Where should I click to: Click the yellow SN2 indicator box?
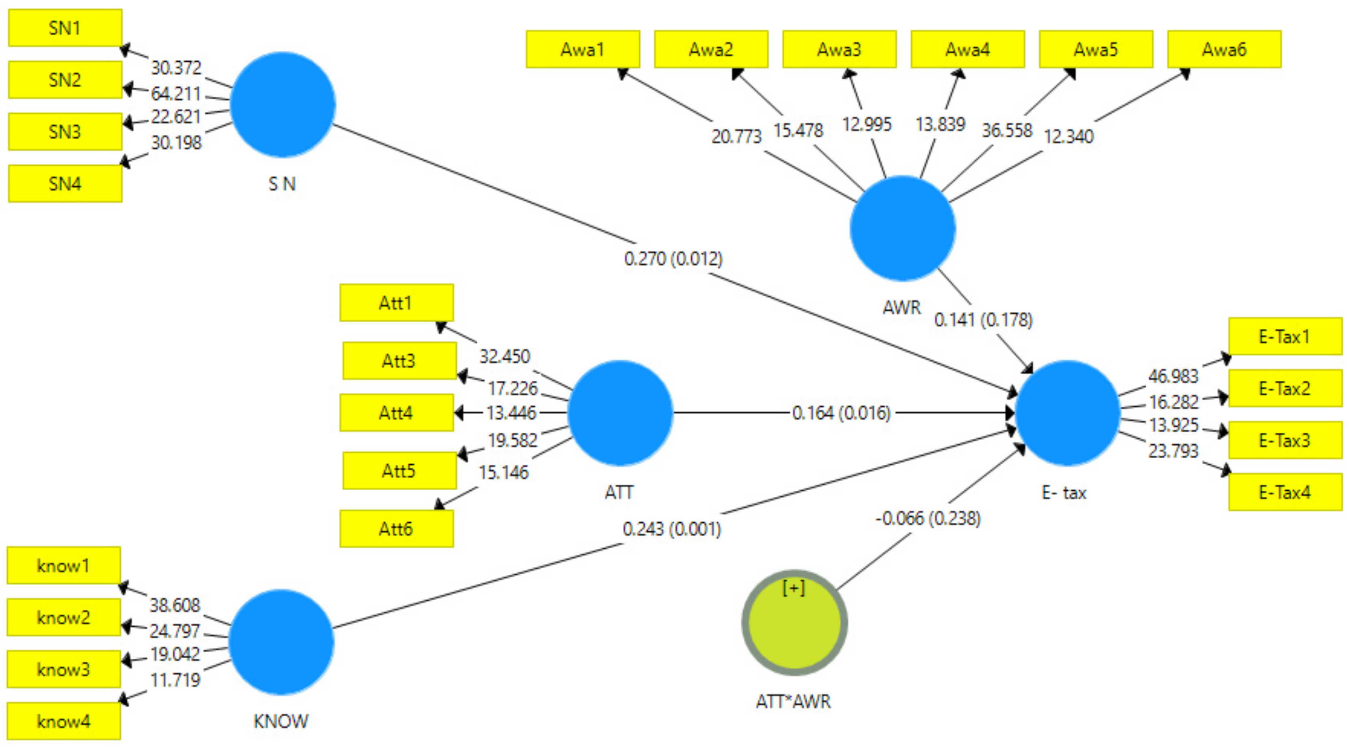click(x=65, y=80)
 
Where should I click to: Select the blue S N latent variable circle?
click(x=282, y=104)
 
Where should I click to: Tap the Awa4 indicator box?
click(x=968, y=49)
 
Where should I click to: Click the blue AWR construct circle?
click(x=902, y=228)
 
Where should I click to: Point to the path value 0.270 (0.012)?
click(x=673, y=259)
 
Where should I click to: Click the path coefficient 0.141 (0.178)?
click(x=983, y=319)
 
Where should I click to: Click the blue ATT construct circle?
click(x=620, y=412)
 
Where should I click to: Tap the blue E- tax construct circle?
click(x=1067, y=412)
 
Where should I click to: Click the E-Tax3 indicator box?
click(x=1285, y=440)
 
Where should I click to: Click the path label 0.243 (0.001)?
click(x=672, y=528)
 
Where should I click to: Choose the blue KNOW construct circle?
click(x=281, y=642)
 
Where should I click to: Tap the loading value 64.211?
click(x=176, y=94)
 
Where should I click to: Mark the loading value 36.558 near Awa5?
click(x=1007, y=130)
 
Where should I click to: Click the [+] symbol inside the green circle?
click(x=794, y=588)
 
